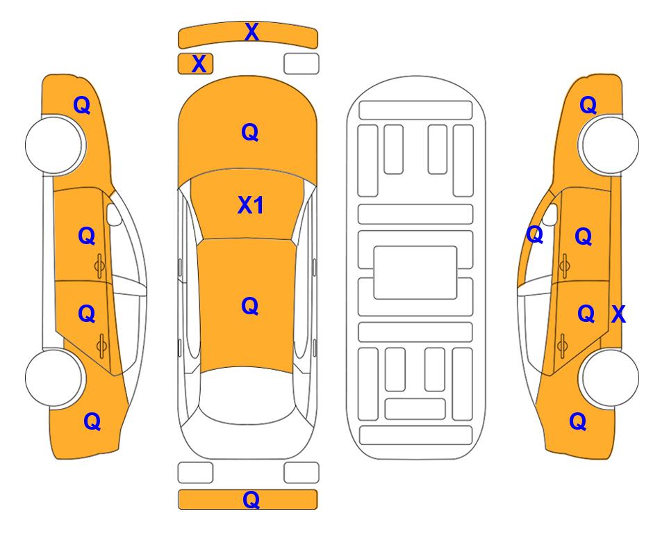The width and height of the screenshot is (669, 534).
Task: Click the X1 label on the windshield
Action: click(251, 205)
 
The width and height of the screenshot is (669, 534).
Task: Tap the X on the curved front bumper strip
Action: click(251, 32)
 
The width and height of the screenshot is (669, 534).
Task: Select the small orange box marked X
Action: click(195, 64)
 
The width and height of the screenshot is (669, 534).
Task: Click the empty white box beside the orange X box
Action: click(302, 64)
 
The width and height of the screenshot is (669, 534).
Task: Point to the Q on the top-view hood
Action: click(250, 132)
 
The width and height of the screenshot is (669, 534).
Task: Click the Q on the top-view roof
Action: click(250, 306)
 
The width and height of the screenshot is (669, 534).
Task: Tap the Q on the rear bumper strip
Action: click(251, 499)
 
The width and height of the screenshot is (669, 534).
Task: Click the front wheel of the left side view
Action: click(54, 145)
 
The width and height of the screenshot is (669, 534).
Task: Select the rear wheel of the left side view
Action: click(54, 378)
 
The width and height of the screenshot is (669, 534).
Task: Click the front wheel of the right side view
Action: click(610, 145)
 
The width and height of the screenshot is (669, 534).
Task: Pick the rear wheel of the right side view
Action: click(610, 378)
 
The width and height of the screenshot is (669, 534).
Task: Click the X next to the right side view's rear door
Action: click(618, 314)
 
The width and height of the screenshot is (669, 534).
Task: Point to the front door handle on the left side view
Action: click(99, 266)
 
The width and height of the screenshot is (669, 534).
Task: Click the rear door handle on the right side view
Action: click(563, 346)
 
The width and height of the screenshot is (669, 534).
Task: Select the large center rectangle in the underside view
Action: click(415, 273)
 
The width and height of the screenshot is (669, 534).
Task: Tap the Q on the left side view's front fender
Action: click(82, 105)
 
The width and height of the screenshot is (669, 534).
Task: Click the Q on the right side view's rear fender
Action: click(578, 421)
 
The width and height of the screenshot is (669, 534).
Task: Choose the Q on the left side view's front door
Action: click(87, 236)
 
